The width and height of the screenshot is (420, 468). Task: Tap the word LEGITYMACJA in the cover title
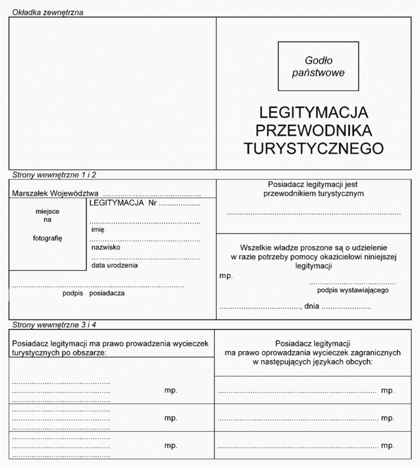314,112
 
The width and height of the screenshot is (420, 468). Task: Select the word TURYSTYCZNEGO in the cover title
314,148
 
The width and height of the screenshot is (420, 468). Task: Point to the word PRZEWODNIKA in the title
314,130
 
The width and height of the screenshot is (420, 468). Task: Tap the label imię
98,230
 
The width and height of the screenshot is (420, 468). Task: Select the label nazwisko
105,248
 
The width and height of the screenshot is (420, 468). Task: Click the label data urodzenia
114,265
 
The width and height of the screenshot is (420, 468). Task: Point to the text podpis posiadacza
94,294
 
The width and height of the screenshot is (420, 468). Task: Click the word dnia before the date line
312,307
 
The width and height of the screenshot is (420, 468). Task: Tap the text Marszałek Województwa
55,194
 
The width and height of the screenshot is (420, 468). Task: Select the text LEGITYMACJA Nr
123,203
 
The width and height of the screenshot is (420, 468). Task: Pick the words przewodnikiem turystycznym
314,194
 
